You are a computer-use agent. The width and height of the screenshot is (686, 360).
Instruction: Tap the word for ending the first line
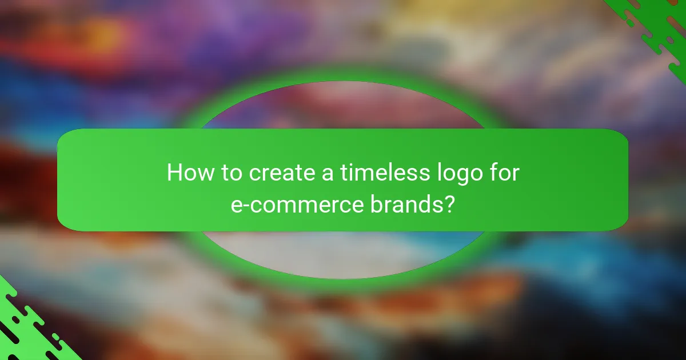point(504,173)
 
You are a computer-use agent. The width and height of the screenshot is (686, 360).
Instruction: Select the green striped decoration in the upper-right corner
point(657,29)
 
